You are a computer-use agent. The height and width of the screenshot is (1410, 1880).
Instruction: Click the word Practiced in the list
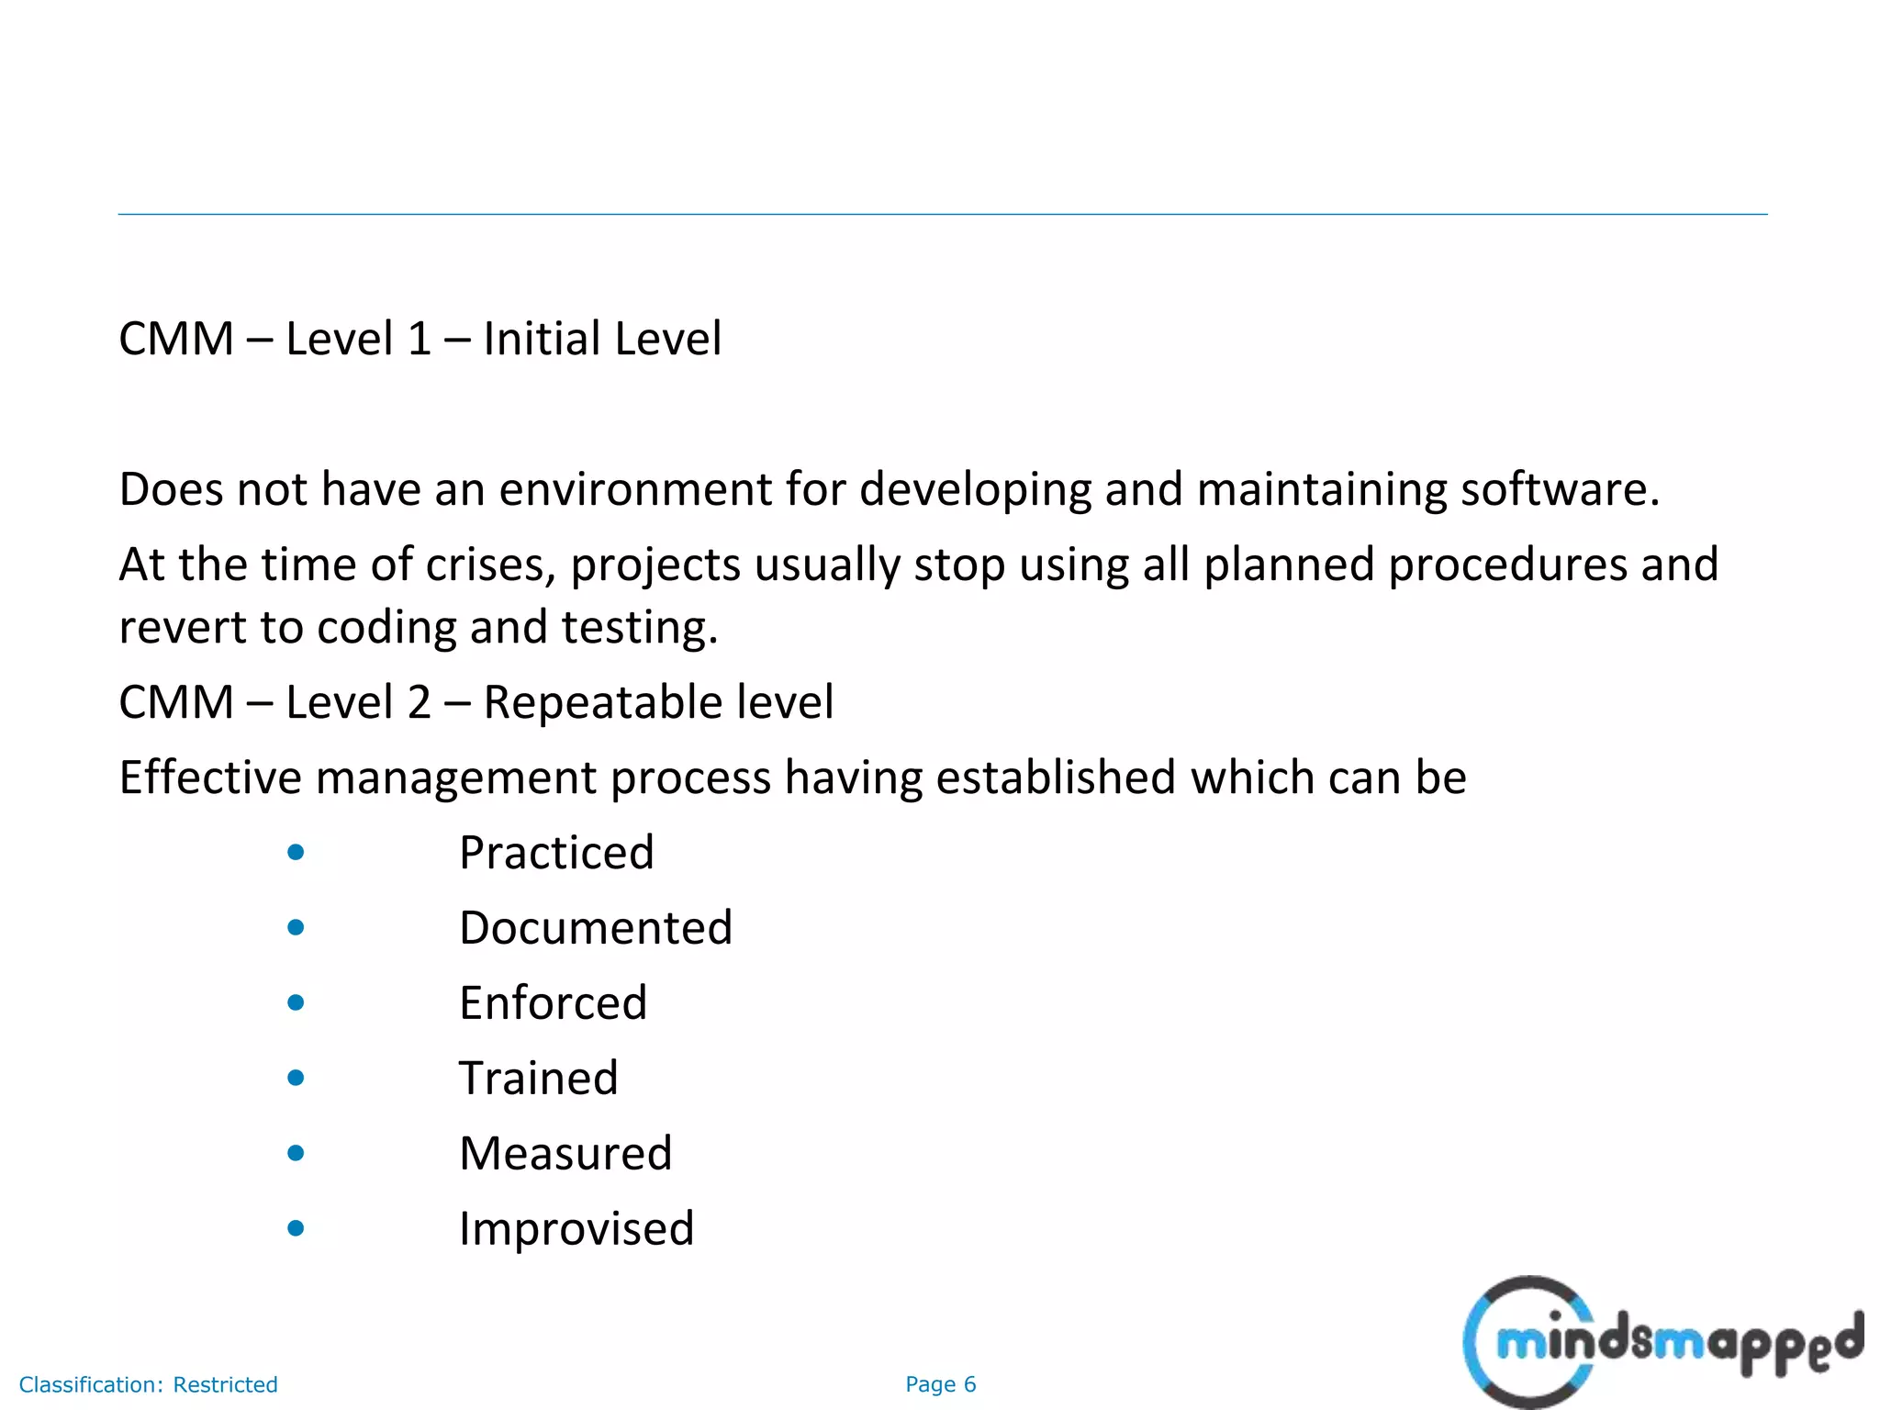pyautogui.click(x=556, y=853)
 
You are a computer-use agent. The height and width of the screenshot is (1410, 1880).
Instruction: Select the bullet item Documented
pyautogui.click(x=596, y=928)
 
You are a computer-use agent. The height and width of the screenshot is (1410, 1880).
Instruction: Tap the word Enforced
pyautogui.click(x=554, y=1003)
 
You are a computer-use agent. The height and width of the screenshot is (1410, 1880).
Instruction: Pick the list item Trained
pyautogui.click(x=539, y=1079)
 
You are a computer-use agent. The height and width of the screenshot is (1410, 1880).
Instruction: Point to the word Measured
pyautogui.click(x=565, y=1154)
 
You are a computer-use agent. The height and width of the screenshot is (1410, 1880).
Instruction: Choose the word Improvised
pyautogui.click(x=576, y=1229)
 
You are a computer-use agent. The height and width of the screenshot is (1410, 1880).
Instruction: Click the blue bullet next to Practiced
pyautogui.click(x=296, y=853)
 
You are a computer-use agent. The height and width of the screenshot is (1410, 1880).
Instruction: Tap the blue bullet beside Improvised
pyautogui.click(x=296, y=1228)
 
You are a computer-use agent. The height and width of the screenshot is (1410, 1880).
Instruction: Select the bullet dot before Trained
pyautogui.click(x=296, y=1078)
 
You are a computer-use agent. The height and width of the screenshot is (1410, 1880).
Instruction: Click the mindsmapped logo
pyautogui.click(x=1662, y=1342)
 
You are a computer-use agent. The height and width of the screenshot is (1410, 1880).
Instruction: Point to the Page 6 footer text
pyautogui.click(x=940, y=1384)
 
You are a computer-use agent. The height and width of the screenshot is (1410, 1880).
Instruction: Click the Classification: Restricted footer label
pyautogui.click(x=148, y=1384)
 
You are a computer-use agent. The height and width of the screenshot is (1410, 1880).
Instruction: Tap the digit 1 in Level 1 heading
pyautogui.click(x=419, y=339)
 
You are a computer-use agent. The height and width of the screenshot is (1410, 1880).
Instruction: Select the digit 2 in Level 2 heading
pyautogui.click(x=419, y=702)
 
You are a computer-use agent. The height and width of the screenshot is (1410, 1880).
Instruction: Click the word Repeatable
pyautogui.click(x=597, y=702)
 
